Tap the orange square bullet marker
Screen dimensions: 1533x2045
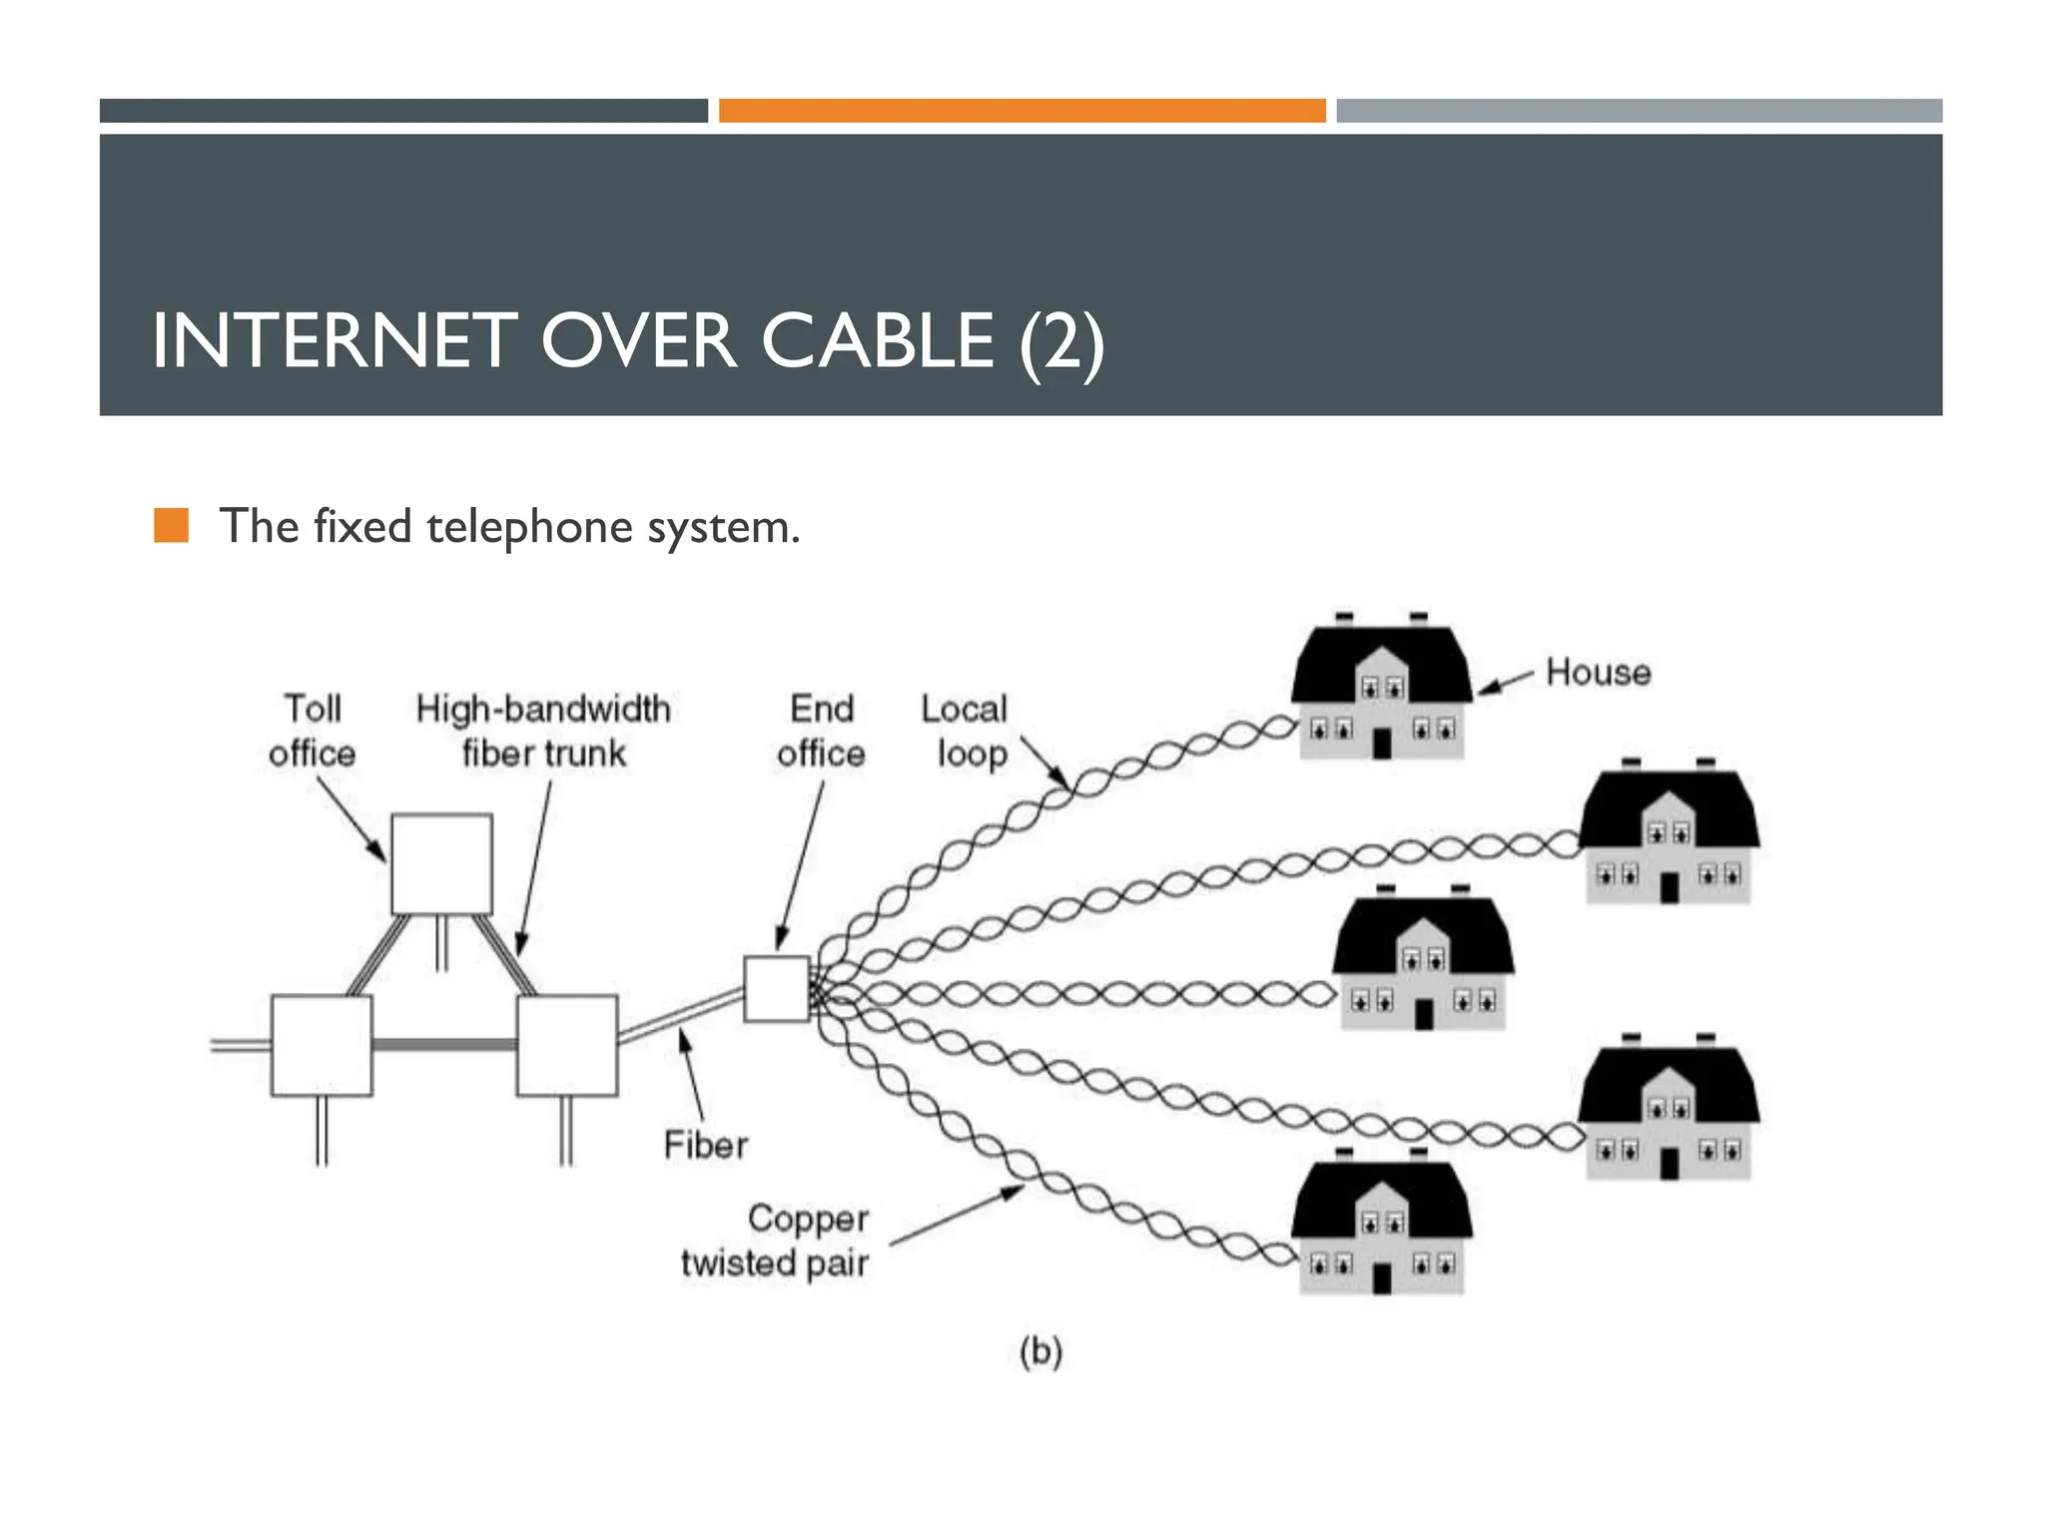[x=171, y=525]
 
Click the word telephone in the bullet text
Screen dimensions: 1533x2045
[x=529, y=527]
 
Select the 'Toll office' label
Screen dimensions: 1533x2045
[x=312, y=731]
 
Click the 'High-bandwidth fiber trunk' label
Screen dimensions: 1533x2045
[x=543, y=731]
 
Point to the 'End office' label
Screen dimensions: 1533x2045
[x=821, y=731]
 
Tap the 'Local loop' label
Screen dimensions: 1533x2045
[x=965, y=731]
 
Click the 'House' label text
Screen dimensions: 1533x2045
[x=1598, y=673]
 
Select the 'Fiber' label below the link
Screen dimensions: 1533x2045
[x=705, y=1145]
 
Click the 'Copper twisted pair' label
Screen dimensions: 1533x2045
[x=777, y=1241]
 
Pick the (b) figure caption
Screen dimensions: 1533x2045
[x=1040, y=1351]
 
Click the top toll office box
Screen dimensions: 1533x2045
[x=441, y=864]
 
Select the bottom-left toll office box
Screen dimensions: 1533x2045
[x=322, y=1045]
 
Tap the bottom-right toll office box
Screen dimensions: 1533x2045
[x=566, y=1045]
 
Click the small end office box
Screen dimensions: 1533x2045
[x=777, y=988]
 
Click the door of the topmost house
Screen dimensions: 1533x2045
[x=1382, y=744]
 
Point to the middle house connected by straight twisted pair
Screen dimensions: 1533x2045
[x=1422, y=963]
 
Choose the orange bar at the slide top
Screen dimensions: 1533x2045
[x=1022, y=111]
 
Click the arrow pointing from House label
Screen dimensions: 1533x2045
[x=1505, y=684]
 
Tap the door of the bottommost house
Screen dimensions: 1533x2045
[x=1382, y=1278]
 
